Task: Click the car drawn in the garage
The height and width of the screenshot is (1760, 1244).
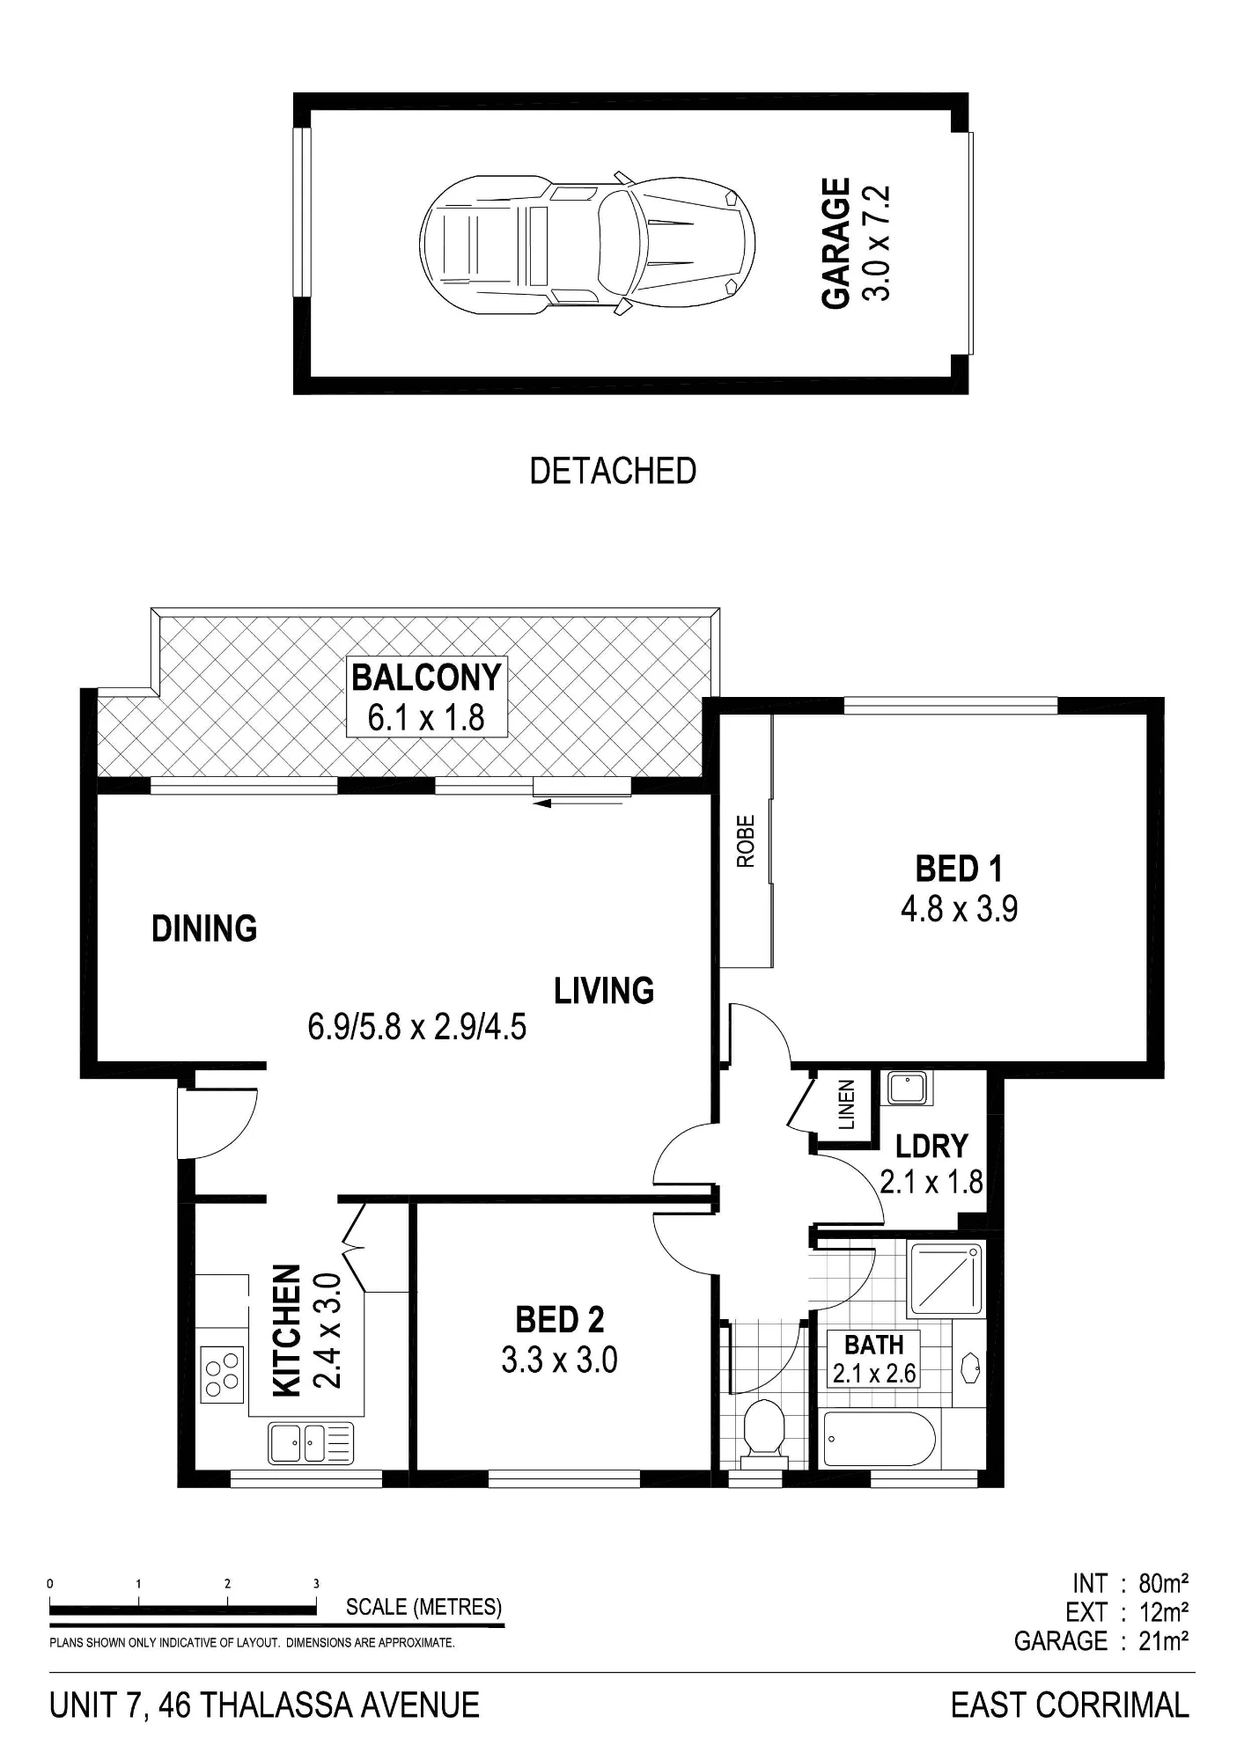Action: pyautogui.click(x=587, y=242)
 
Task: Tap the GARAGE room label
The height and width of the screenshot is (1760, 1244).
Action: pyautogui.click(x=836, y=243)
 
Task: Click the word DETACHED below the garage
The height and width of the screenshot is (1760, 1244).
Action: pyautogui.click(x=613, y=472)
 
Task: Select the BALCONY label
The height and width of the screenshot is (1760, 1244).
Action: pyautogui.click(x=427, y=678)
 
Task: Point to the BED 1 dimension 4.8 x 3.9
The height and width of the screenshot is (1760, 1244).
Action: pyautogui.click(x=960, y=908)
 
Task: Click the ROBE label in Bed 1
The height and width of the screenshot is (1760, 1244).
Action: pyautogui.click(x=747, y=841)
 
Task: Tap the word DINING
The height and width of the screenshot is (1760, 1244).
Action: pyautogui.click(x=204, y=929)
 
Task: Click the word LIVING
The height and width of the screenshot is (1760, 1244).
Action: pyautogui.click(x=604, y=991)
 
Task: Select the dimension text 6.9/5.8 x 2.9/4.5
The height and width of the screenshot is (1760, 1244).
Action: pyautogui.click(x=417, y=1027)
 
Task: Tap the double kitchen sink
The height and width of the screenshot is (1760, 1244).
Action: pyautogui.click(x=311, y=1443)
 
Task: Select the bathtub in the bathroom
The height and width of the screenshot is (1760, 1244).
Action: pyautogui.click(x=878, y=1440)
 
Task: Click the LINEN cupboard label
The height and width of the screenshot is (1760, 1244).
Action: pyautogui.click(x=846, y=1105)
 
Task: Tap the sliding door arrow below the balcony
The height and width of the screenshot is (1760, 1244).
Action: pyautogui.click(x=582, y=801)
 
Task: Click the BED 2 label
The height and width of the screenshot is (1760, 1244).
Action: pyautogui.click(x=560, y=1320)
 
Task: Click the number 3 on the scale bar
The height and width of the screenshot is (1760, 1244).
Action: pyautogui.click(x=316, y=1583)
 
